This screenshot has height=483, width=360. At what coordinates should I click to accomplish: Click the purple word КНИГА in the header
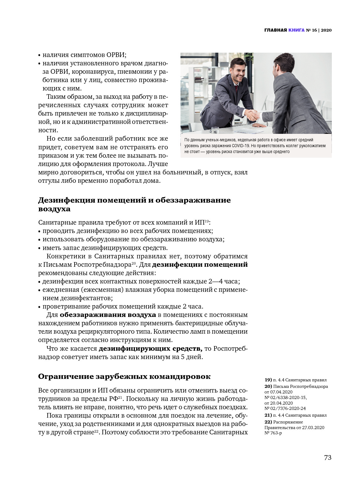tap(296, 30)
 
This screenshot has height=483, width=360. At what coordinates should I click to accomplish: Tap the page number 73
tap(327, 457)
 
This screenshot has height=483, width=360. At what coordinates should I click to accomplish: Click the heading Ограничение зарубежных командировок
tap(124, 376)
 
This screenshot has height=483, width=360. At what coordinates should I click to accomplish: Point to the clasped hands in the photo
tap(253, 115)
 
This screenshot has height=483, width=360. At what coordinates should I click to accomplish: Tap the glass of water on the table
tap(215, 130)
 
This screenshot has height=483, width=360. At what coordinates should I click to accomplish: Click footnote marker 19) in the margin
tap(268, 380)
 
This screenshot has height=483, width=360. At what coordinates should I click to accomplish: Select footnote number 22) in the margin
tap(268, 422)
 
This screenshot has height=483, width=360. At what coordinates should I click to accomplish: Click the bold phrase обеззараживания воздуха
tap(108, 315)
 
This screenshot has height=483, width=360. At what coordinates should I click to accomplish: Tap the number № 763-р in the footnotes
tap(273, 433)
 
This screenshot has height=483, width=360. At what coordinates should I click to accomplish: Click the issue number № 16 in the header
tap(311, 30)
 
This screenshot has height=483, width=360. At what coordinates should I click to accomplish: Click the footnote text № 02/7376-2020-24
tap(285, 408)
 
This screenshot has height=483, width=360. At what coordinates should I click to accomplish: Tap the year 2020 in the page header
tap(326, 30)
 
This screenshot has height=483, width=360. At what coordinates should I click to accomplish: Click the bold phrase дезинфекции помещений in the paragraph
tap(200, 265)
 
